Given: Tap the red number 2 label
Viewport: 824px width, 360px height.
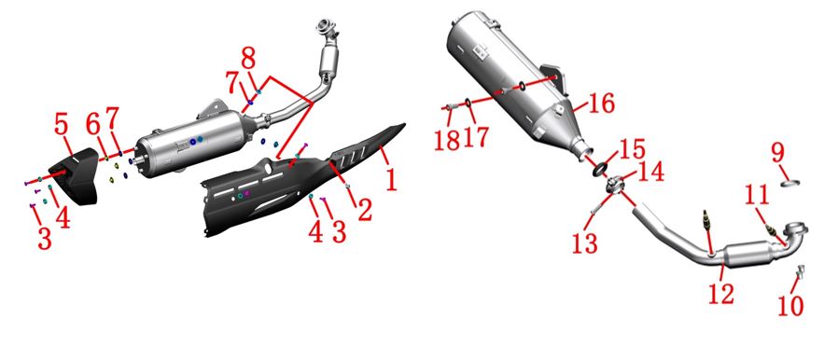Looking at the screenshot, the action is click(x=363, y=209).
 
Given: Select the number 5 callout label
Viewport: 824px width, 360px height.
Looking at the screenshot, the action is click(x=62, y=127).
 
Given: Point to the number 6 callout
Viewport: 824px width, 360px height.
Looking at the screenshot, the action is click(x=93, y=125).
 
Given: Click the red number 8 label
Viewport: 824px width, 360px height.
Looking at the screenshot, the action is click(x=248, y=59).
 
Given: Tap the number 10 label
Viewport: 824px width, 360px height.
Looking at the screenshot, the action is click(x=790, y=305).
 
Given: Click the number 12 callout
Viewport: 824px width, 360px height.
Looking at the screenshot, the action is click(x=721, y=293).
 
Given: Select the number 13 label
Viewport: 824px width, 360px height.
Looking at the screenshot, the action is click(x=585, y=242).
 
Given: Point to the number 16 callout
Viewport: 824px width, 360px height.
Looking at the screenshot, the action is click(x=601, y=104).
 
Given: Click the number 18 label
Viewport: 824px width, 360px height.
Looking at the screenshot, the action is click(x=447, y=139).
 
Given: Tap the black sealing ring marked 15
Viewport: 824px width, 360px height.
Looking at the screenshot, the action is click(x=601, y=170).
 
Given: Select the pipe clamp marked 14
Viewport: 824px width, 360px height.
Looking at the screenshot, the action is click(x=615, y=186).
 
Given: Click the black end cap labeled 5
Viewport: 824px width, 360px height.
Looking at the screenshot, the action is click(x=74, y=176).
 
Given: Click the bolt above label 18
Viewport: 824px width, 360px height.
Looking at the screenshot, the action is click(x=452, y=107).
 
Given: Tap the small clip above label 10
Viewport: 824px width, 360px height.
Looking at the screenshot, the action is click(x=801, y=271).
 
